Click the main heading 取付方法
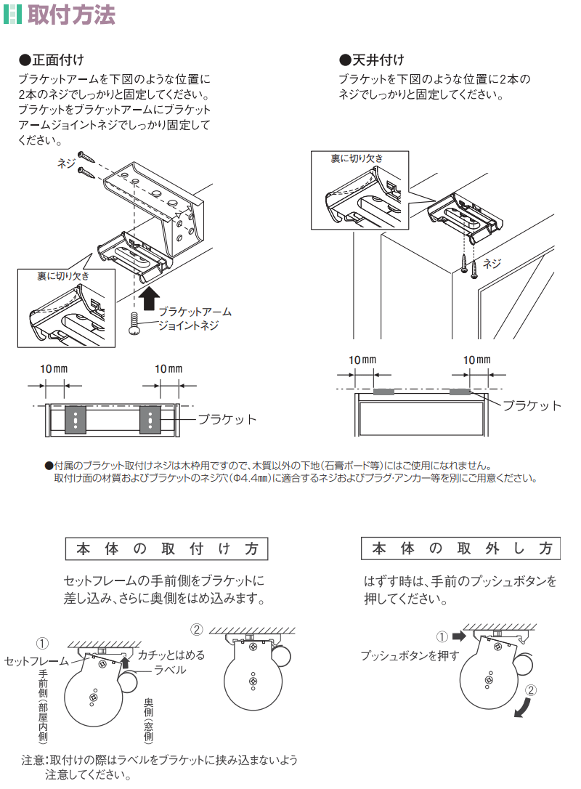[71, 14]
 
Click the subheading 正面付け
[52, 60]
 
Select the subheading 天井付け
[372, 60]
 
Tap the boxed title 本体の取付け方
[166, 549]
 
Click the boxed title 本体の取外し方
[460, 548]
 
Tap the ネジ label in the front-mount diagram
[66, 163]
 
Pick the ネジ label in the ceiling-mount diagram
[492, 263]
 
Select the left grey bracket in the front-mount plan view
[76, 419]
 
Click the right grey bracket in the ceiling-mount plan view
[460, 392]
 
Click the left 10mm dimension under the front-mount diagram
[54, 369]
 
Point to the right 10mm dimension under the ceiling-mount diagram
[477, 360]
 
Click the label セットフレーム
[36, 660]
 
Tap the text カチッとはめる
[171, 655]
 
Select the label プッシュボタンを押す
[410, 655]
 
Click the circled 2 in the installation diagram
[196, 629]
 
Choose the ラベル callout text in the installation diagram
[170, 671]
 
